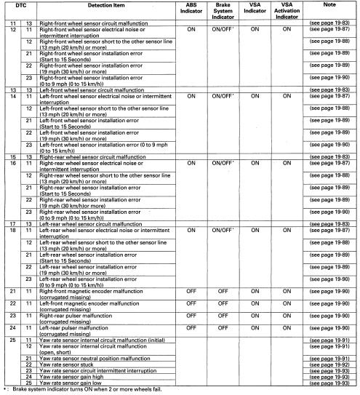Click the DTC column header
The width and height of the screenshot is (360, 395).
click(x=20, y=5)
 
